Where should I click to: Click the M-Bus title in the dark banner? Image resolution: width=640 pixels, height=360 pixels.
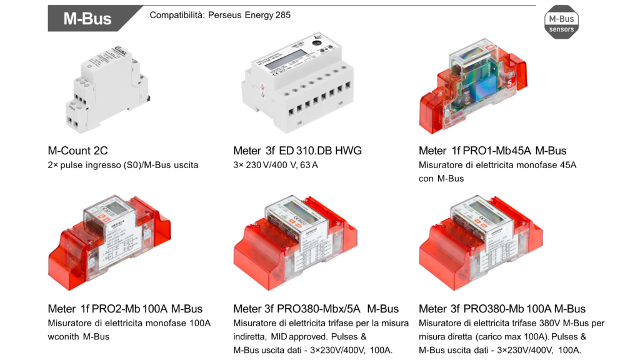tap(87, 19)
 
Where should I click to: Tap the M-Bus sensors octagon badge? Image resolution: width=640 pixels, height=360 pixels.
tap(561, 22)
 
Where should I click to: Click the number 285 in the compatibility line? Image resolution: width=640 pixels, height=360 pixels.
tap(283, 15)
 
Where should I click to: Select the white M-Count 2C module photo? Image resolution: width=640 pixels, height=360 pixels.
tap(108, 89)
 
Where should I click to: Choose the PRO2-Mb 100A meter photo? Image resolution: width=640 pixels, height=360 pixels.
tap(109, 243)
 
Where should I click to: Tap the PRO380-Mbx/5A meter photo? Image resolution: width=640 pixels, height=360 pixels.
tap(296, 243)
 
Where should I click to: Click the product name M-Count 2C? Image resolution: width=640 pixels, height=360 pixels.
tap(78, 151)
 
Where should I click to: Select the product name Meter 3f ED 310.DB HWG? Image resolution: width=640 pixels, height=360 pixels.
tap(297, 151)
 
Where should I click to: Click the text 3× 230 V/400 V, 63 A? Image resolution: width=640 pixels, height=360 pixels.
tap(276, 165)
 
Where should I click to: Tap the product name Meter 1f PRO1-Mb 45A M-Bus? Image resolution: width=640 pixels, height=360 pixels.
tap(492, 151)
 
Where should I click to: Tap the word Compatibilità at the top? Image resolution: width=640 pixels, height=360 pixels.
tap(177, 15)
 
